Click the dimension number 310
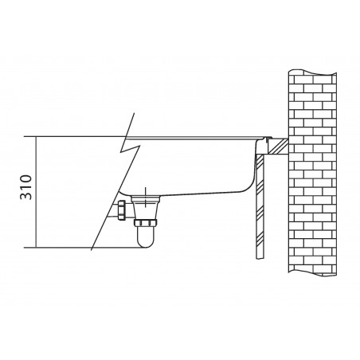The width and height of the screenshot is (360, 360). click(x=26, y=187)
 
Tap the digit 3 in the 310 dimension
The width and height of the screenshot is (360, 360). click(x=26, y=196)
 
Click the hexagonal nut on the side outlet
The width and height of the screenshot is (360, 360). click(x=122, y=210)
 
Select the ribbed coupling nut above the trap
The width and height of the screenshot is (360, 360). click(x=146, y=223)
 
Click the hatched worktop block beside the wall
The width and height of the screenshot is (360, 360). click(x=278, y=147)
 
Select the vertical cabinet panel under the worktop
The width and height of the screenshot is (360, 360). click(x=260, y=207)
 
